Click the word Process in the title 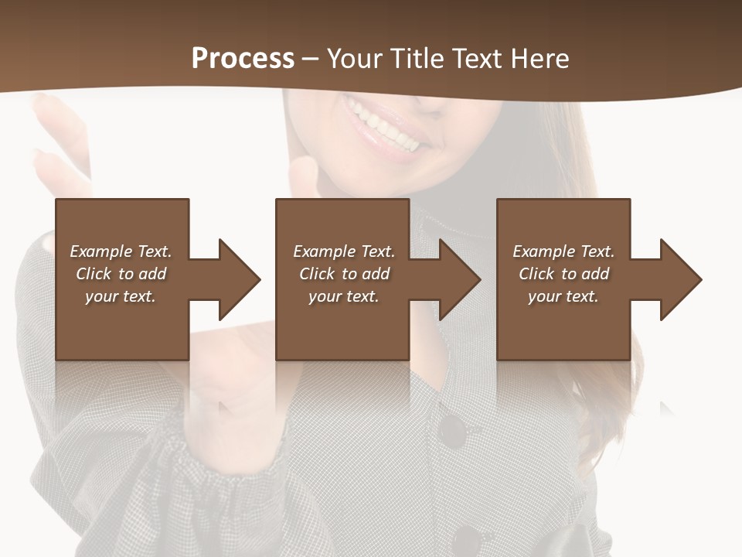[x=243, y=59]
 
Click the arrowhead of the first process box [x=240, y=279]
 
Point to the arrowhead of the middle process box [x=461, y=279]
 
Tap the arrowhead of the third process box [x=681, y=279]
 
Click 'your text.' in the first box [x=121, y=296]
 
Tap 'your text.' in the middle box [x=343, y=296]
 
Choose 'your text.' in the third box [x=563, y=296]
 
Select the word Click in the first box [x=93, y=274]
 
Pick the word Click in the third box [x=536, y=274]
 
